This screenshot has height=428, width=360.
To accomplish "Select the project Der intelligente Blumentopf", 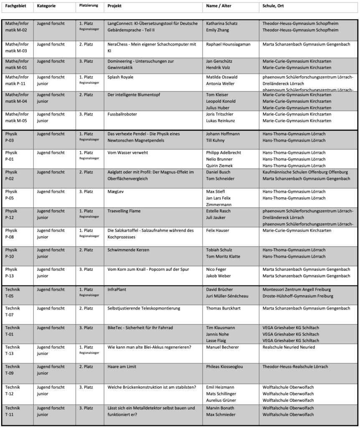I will (x=133, y=94).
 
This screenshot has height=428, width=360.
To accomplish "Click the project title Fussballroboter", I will (x=122, y=114).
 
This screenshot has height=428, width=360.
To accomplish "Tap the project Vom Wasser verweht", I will (x=128, y=153).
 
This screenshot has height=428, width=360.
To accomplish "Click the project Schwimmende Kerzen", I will (x=128, y=250).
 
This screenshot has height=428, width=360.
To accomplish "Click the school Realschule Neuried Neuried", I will (x=289, y=347).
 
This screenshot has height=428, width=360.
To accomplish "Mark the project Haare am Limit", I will (x=124, y=367).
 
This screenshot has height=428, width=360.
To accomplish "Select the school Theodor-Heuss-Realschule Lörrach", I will (x=295, y=367).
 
